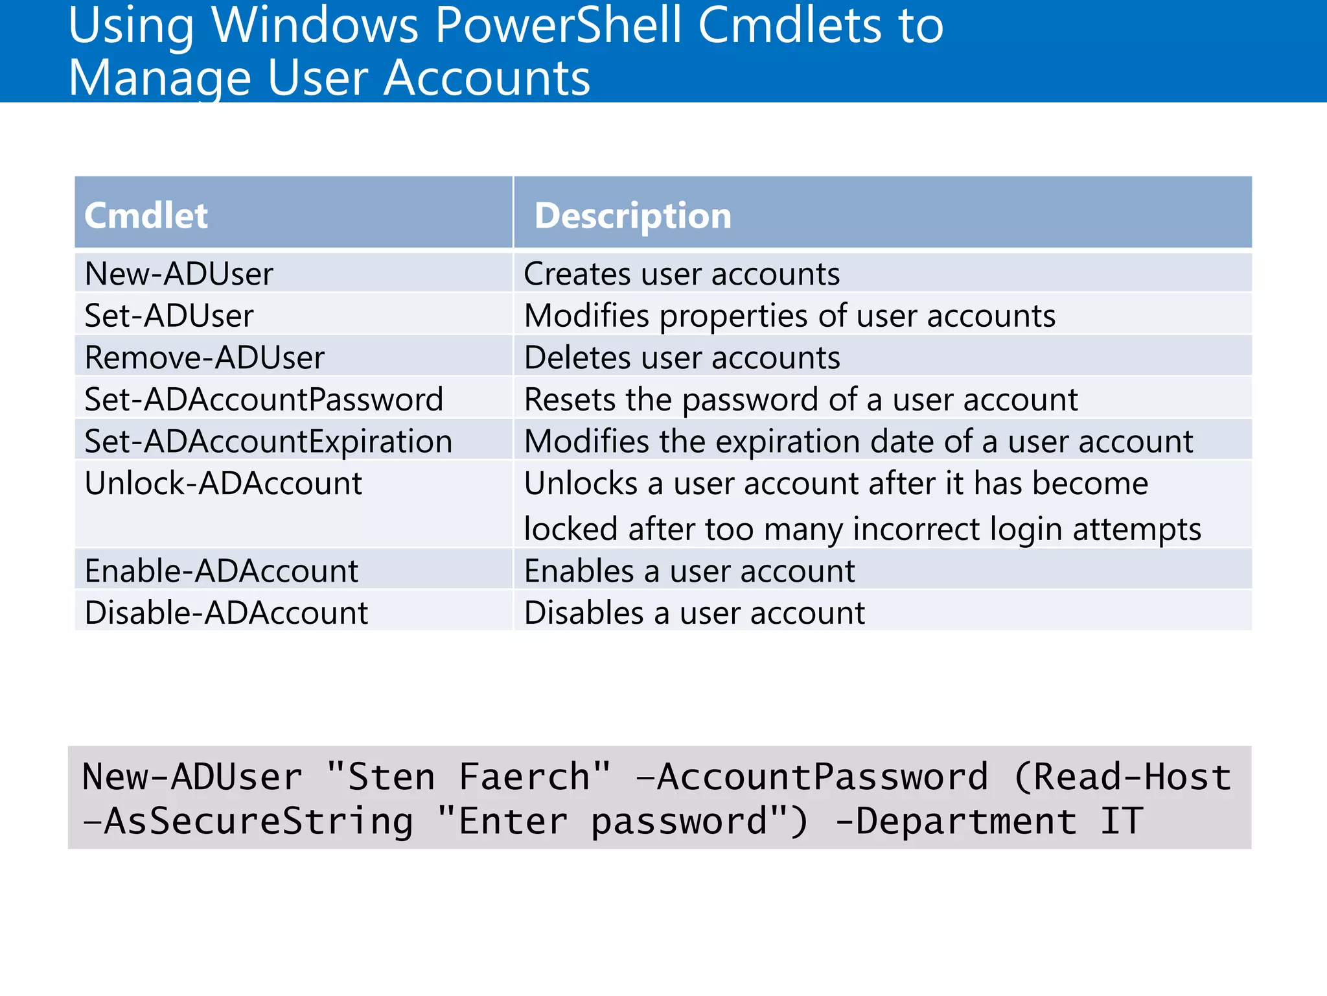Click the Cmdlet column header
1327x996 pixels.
coord(146,215)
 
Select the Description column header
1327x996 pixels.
coord(632,215)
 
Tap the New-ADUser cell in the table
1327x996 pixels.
coord(179,274)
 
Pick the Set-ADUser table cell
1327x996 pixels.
coord(169,316)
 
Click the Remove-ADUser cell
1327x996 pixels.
coord(204,358)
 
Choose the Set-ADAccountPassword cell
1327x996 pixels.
coord(264,399)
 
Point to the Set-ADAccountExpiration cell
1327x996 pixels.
coord(268,442)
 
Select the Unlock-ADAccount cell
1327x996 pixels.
coord(223,484)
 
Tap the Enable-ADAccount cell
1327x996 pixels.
coord(221,571)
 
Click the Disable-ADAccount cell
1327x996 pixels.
coord(226,613)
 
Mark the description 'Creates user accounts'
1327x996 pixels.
coord(682,274)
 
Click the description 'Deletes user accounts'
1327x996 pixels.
coord(682,358)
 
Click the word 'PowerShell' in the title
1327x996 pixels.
coord(559,26)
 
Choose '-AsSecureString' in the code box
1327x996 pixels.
coord(248,822)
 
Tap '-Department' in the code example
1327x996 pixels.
coord(956,822)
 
